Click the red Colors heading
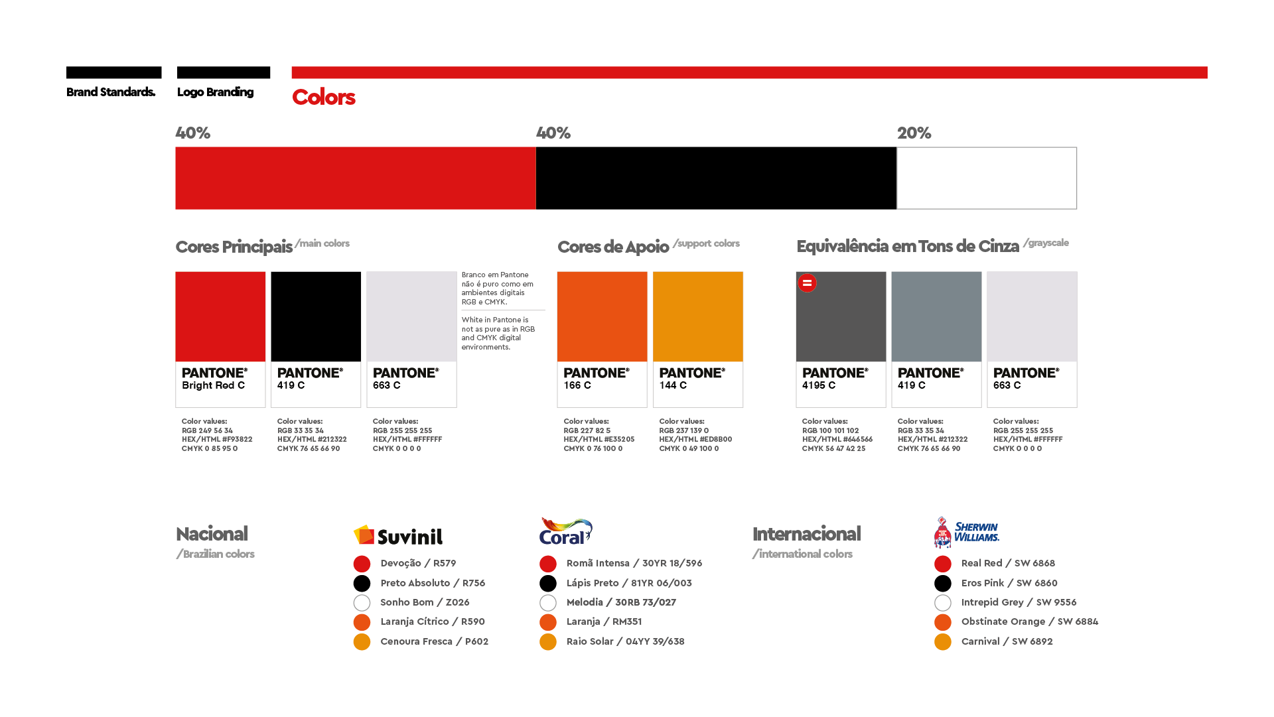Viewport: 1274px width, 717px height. pyautogui.click(x=324, y=98)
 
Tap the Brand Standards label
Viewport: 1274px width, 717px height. pyautogui.click(x=111, y=92)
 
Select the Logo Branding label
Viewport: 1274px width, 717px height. pyautogui.click(x=215, y=92)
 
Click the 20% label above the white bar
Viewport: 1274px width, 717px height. pyautogui.click(x=914, y=133)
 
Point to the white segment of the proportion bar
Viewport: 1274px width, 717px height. pyautogui.click(x=987, y=178)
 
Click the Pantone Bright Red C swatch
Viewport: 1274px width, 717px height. pyautogui.click(x=220, y=317)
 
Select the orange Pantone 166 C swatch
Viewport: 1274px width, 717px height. pyautogui.click(x=602, y=317)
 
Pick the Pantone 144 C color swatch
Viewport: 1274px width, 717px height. pyautogui.click(x=698, y=317)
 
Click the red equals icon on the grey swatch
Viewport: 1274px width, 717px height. pyautogui.click(x=807, y=283)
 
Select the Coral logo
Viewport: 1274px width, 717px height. pyautogui.click(x=565, y=532)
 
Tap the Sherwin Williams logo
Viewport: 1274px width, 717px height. pyautogui.click(x=966, y=532)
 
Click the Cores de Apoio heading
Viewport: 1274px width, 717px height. pyautogui.click(x=613, y=247)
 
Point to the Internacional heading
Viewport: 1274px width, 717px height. pyautogui.click(x=806, y=534)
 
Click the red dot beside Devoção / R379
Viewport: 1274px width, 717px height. pyautogui.click(x=362, y=564)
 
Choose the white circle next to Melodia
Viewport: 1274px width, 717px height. pyautogui.click(x=548, y=603)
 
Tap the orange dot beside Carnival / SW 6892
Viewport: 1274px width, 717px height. pyautogui.click(x=942, y=642)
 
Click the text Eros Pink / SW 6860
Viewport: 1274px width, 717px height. pyautogui.click(x=1009, y=583)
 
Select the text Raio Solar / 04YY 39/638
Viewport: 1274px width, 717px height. pyautogui.click(x=625, y=641)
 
